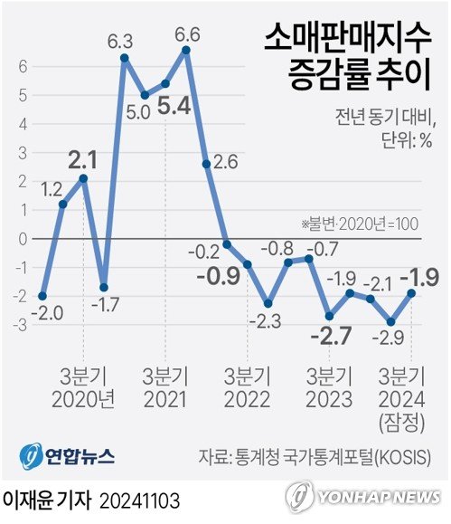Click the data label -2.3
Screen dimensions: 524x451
[x=268, y=321]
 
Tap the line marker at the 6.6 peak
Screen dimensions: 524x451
[x=186, y=51]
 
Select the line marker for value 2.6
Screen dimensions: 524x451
[x=207, y=164]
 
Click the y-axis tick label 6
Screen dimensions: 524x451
[x=20, y=66]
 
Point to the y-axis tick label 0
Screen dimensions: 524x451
[x=20, y=238]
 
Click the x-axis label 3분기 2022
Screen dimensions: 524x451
[x=248, y=387]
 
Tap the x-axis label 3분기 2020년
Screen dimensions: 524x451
[x=83, y=387]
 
